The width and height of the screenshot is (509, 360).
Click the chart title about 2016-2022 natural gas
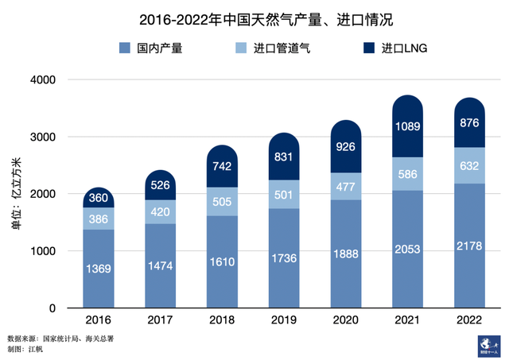point(254,17)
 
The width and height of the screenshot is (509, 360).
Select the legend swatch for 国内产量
point(125,49)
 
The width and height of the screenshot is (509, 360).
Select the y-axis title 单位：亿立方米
point(15,194)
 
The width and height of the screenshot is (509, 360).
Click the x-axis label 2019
point(283,320)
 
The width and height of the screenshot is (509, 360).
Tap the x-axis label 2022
point(469,320)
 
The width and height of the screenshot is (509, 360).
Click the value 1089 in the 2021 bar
point(407,127)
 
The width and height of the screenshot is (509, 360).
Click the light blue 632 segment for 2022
point(469,165)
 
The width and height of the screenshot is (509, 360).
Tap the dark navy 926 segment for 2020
point(345,147)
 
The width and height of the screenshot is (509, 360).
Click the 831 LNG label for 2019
point(283,157)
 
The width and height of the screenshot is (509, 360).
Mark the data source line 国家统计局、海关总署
point(60,337)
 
